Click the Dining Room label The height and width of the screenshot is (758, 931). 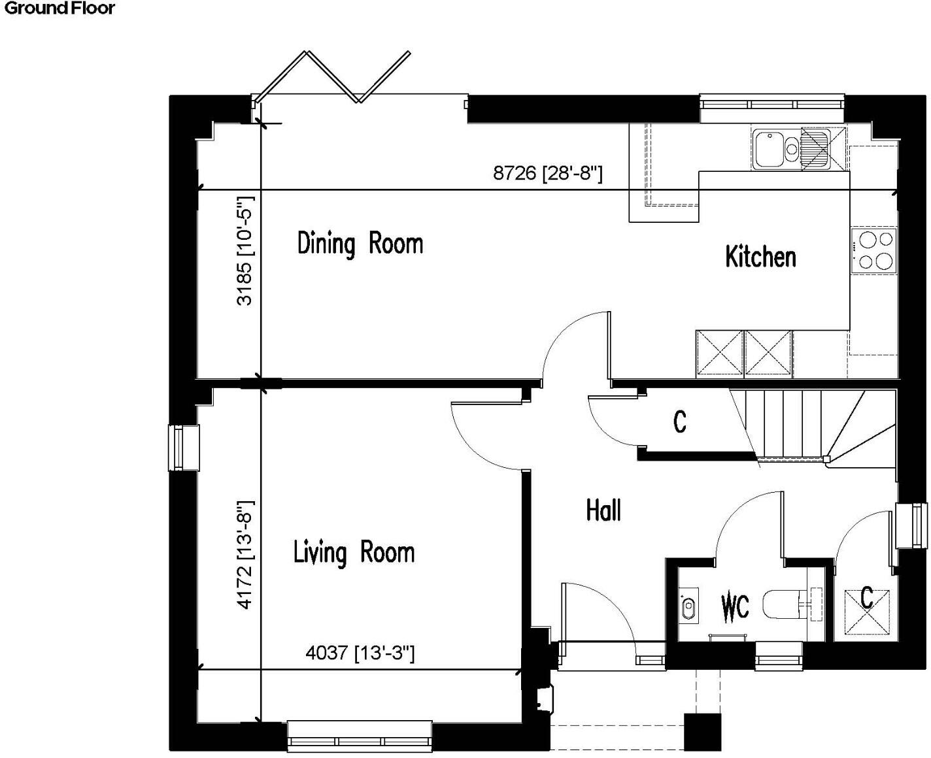point(360,244)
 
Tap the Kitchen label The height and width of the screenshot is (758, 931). point(760,257)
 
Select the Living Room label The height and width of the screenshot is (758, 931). point(354,553)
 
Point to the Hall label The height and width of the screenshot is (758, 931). point(603,510)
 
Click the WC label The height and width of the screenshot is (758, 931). point(735,607)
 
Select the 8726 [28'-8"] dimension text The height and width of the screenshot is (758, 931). point(547,173)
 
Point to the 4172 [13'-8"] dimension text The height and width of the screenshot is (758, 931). point(245,555)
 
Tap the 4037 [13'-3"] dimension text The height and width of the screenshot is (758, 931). point(360,652)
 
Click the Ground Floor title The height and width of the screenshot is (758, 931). point(59,8)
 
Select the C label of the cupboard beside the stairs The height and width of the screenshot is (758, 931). point(680,421)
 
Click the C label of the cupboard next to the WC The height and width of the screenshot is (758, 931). point(866,597)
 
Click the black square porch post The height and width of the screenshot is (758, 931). point(702,731)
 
